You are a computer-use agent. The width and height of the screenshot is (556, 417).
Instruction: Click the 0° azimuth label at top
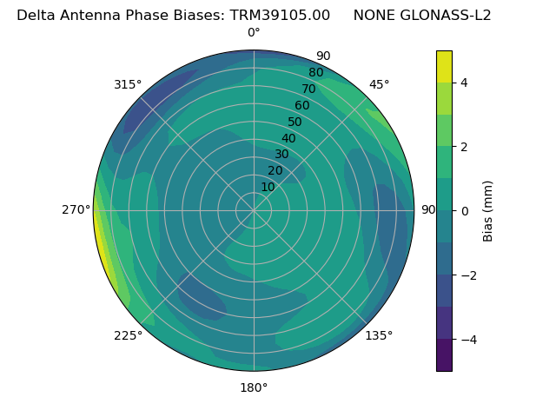pyautogui.click(x=254, y=33)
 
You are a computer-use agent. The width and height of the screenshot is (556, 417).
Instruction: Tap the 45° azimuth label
pyautogui.click(x=380, y=84)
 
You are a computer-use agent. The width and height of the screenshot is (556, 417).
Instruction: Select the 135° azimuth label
pyautogui.click(x=379, y=335)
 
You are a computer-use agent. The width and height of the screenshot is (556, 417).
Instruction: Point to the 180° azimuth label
pyautogui.click(x=254, y=387)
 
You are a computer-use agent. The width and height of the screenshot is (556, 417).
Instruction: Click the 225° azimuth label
pyautogui.click(x=128, y=335)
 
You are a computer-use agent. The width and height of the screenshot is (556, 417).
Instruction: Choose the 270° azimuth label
pyautogui.click(x=76, y=209)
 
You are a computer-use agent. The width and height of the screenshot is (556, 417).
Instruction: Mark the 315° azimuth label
pyautogui.click(x=128, y=84)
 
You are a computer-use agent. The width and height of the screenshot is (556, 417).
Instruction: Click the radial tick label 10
pyautogui.click(x=268, y=187)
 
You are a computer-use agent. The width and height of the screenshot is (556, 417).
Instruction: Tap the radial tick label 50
pyautogui.click(x=295, y=122)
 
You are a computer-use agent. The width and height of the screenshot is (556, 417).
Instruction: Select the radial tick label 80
pyautogui.click(x=315, y=72)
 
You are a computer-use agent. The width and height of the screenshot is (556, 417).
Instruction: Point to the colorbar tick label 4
pyautogui.click(x=465, y=83)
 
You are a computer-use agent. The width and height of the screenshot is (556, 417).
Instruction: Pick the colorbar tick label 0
pyautogui.click(x=465, y=211)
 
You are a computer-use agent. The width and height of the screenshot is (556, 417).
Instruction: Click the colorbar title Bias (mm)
pyautogui.click(x=488, y=211)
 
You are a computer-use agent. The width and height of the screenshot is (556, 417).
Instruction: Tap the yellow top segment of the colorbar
pyautogui.click(x=444, y=66)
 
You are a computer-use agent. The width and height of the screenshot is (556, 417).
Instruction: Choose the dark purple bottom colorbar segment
pyautogui.click(x=444, y=355)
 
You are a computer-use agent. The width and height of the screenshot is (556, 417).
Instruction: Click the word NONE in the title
pyautogui.click(x=375, y=15)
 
